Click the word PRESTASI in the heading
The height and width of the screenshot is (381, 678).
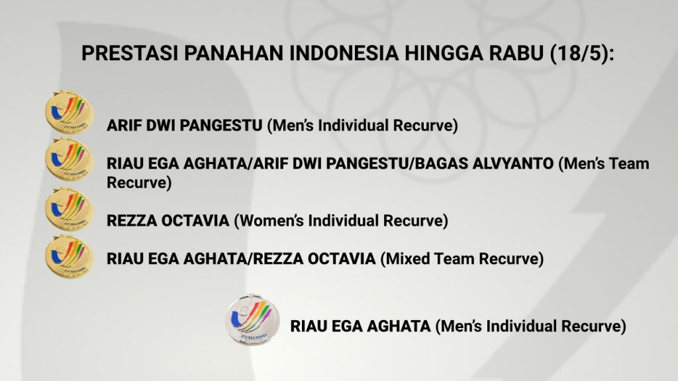click(x=130, y=53)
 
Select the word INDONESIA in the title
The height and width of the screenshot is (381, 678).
click(x=344, y=53)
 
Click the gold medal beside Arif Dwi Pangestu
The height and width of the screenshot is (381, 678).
click(x=69, y=112)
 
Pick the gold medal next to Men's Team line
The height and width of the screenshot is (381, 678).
click(x=69, y=159)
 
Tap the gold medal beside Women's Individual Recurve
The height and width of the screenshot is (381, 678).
click(x=69, y=209)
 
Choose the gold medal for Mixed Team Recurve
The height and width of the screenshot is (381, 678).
click(x=69, y=257)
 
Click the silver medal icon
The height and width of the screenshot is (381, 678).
click(x=252, y=319)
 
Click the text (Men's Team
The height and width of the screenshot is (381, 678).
click(x=604, y=164)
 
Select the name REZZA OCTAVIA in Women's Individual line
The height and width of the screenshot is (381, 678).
click(x=168, y=221)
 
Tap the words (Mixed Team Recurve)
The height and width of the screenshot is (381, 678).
click(x=461, y=259)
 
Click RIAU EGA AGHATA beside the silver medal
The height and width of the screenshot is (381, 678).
click(x=360, y=326)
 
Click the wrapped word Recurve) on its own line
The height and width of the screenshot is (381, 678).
click(x=139, y=183)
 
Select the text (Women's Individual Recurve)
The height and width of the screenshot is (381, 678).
click(x=341, y=221)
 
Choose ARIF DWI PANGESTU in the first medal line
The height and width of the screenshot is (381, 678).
click(x=185, y=126)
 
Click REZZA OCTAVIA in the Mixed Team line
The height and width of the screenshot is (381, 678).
click(x=315, y=259)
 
